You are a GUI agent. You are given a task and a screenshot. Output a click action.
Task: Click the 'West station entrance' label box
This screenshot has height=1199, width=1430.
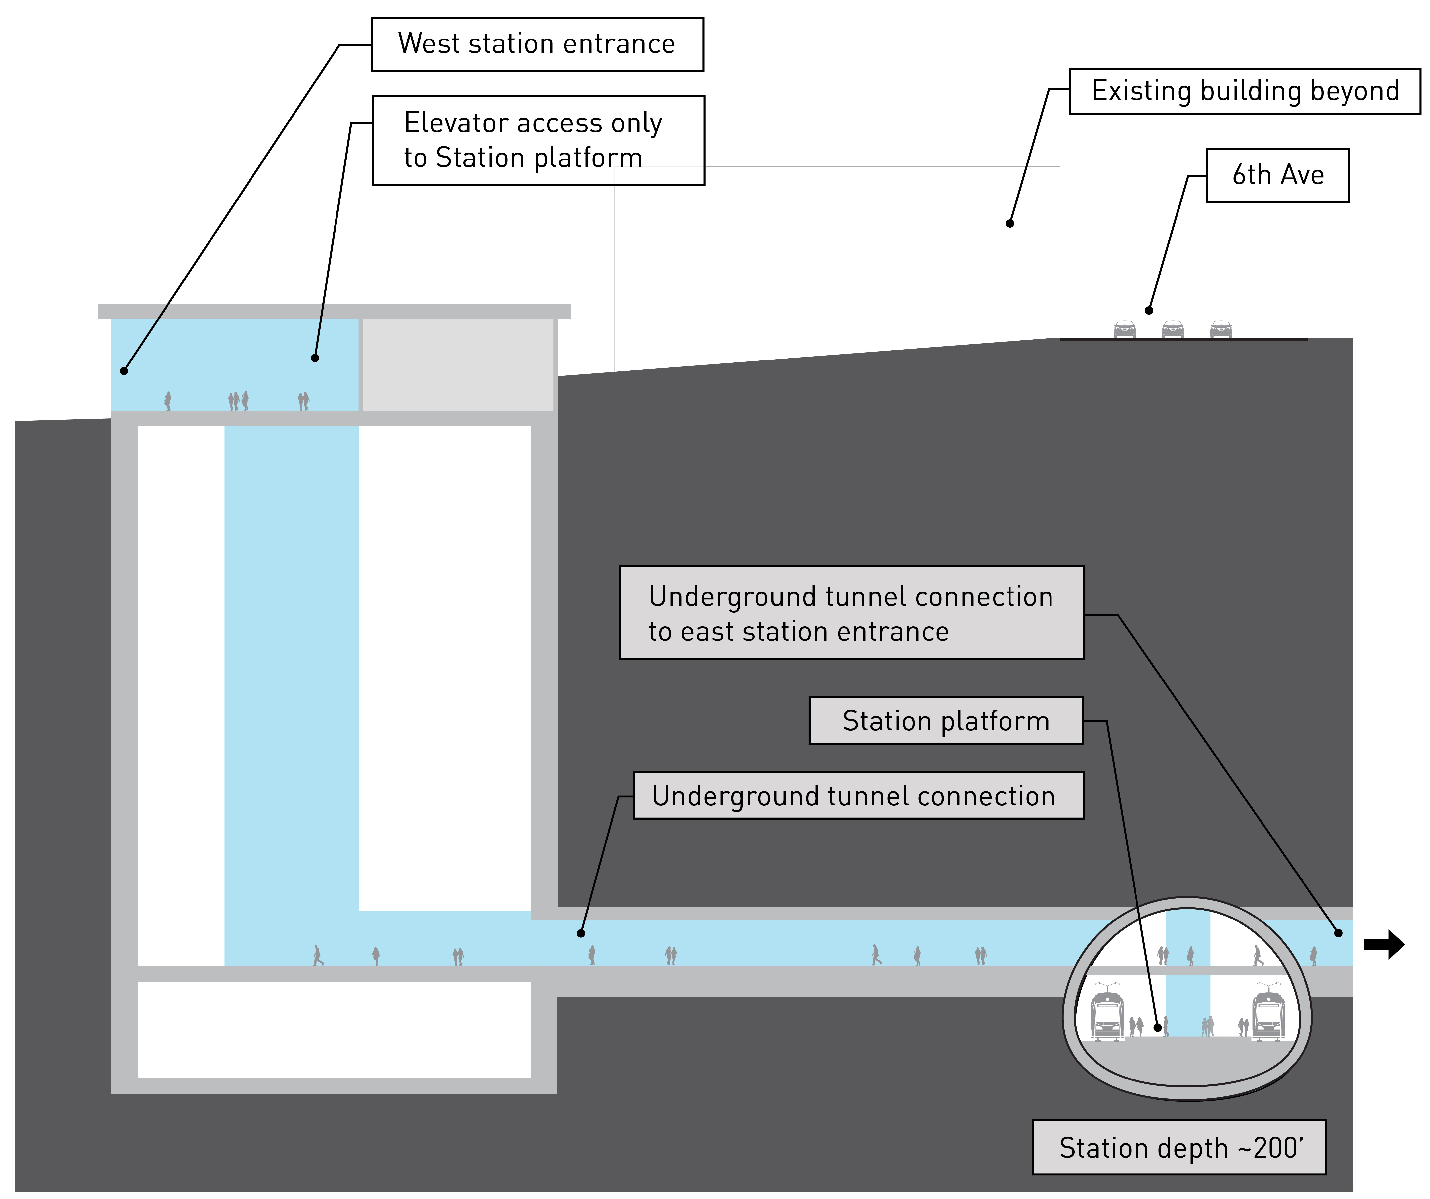pos(537,44)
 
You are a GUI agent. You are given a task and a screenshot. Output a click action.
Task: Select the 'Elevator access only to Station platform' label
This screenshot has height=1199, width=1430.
pos(538,140)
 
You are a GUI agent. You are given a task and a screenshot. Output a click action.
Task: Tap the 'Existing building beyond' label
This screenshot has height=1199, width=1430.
pos(1245,91)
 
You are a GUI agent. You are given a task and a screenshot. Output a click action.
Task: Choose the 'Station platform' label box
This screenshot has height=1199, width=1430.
pos(946,720)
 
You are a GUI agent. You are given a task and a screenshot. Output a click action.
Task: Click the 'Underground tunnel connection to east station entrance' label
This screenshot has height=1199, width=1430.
pos(851,613)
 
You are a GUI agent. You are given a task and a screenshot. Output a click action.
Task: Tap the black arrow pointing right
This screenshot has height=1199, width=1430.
pos(1384,944)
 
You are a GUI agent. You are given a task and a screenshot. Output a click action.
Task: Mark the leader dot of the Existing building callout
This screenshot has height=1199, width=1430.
pos(1010,223)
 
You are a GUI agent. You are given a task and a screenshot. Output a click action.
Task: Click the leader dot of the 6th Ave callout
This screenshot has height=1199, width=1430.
pos(1149,311)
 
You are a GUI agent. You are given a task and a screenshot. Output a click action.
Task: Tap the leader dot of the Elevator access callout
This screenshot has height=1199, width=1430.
pos(315,358)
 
